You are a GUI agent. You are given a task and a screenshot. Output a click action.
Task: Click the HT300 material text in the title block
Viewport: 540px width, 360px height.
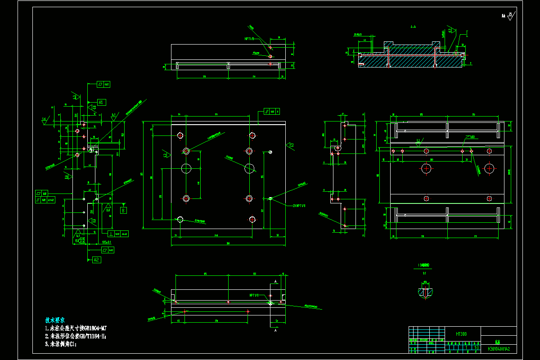point(461,334)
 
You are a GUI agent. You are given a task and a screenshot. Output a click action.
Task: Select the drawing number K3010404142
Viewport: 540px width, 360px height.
point(499,349)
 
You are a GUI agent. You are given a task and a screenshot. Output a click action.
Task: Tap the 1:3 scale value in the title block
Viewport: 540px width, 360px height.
point(477,347)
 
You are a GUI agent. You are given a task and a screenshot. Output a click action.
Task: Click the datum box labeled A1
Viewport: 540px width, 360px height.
point(101,103)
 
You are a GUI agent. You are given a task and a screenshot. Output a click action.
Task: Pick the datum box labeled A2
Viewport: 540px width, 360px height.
point(97,260)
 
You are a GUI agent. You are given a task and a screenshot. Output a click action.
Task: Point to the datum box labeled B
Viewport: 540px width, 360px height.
point(123,210)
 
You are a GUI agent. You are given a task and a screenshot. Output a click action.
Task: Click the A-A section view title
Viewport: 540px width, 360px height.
point(413,27)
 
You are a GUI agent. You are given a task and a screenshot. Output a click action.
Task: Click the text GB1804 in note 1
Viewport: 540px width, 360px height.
point(90,328)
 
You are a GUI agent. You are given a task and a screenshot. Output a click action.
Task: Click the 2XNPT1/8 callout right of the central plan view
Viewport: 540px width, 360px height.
point(298,206)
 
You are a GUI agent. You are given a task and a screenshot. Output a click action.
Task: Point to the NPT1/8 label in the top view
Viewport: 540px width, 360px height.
point(249,39)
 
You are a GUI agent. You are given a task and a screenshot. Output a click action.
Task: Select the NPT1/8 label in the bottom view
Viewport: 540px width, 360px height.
point(254,296)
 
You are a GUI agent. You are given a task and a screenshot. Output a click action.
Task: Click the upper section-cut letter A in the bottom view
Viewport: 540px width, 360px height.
point(275,281)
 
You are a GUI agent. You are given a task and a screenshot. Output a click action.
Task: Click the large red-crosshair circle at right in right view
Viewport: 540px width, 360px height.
point(489,169)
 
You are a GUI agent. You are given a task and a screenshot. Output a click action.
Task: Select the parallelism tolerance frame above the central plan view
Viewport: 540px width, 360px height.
point(272,111)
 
